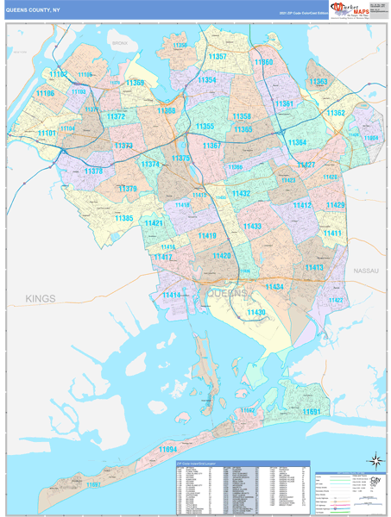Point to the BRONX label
(120, 40)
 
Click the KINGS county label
(40, 298)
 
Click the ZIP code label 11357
(218, 57)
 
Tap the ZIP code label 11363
(318, 82)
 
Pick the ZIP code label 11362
(335, 113)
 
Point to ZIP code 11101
(47, 134)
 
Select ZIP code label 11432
(240, 194)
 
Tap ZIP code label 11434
(273, 286)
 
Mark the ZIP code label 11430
(256, 312)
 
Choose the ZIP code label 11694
(167, 449)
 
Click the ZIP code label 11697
(92, 485)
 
